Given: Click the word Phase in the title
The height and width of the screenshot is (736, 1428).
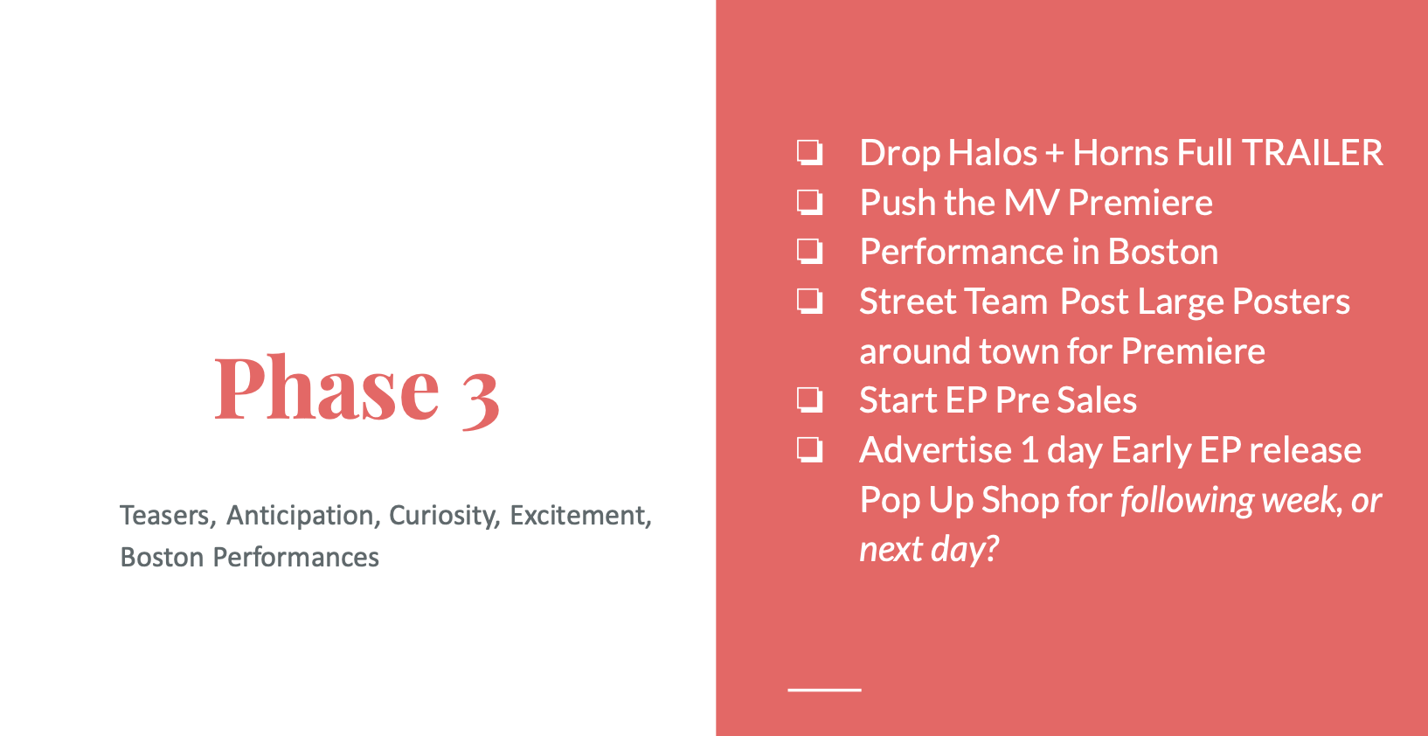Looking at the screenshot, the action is (327, 388).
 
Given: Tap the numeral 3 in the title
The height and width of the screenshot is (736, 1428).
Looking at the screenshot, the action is (480, 399).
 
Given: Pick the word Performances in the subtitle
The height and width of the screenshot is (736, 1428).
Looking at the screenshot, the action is (295, 558).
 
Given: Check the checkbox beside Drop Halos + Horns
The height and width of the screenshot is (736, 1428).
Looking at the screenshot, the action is (809, 153).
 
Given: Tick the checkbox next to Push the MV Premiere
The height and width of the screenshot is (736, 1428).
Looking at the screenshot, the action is (809, 203).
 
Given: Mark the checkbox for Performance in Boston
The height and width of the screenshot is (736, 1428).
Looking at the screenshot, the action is (809, 252).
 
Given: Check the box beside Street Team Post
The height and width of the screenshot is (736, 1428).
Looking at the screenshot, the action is (809, 302).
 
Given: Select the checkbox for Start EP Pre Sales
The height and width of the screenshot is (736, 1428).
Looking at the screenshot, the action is (809, 400).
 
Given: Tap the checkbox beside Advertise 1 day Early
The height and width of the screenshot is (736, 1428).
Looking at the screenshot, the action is (809, 450).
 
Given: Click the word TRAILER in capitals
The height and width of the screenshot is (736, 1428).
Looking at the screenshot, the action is (1312, 153).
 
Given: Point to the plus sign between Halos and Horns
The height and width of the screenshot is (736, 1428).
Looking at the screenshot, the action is (1055, 155).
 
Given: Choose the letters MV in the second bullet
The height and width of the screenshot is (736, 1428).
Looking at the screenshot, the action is (1031, 203).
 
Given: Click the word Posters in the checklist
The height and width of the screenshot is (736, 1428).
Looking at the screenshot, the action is (1291, 302).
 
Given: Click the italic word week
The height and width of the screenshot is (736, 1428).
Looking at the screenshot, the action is (1300, 499).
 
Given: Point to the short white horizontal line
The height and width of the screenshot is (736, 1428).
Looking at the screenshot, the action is (824, 690).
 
